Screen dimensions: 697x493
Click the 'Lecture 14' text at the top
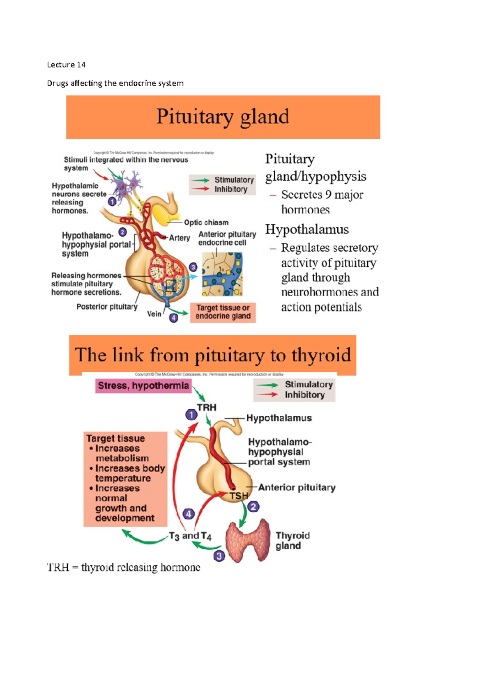[66, 65]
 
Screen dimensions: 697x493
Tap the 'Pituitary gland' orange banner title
[223, 117]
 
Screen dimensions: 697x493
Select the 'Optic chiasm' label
[206, 222]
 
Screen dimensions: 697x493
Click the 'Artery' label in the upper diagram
[180, 238]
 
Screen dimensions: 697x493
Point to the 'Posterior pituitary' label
[107, 307]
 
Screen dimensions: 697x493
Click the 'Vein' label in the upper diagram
[154, 314]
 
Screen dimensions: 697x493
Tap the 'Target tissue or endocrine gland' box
[223, 312]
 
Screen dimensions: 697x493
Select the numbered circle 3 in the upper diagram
[193, 267]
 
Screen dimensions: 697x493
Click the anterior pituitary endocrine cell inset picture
[222, 274]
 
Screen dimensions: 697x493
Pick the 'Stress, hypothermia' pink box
[143, 386]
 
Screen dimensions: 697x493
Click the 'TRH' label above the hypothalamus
[206, 408]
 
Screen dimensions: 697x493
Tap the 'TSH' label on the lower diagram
[239, 496]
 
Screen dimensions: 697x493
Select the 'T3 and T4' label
[190, 536]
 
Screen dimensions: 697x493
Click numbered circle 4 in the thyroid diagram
[189, 514]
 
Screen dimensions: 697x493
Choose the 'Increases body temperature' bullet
[129, 473]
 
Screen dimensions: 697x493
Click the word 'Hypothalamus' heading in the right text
[307, 229]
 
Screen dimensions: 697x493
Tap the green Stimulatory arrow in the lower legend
[267, 385]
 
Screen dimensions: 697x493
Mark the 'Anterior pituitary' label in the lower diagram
[297, 488]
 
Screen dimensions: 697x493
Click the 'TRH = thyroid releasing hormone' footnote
[124, 568]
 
